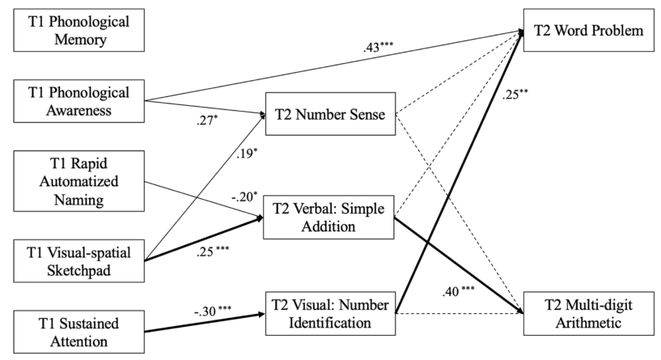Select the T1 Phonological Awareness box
73,100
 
